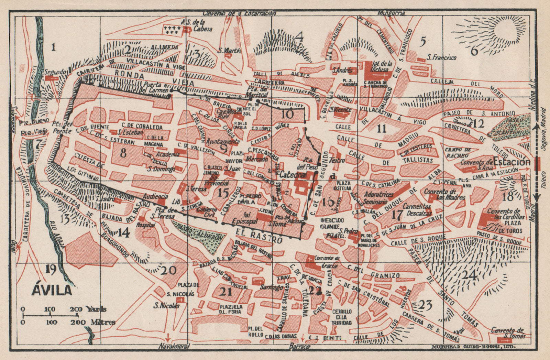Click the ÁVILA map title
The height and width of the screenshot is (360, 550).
pos(52,290)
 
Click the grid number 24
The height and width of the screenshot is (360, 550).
pos(470,275)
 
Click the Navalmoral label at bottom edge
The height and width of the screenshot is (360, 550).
pos(175,347)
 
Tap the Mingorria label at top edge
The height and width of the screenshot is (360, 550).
pos(391,13)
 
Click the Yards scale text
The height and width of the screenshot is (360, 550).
pos(97,308)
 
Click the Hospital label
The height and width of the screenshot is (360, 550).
pos(146,225)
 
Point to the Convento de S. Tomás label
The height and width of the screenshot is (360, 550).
pos(508,332)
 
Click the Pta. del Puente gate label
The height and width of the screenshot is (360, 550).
pos(63,128)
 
